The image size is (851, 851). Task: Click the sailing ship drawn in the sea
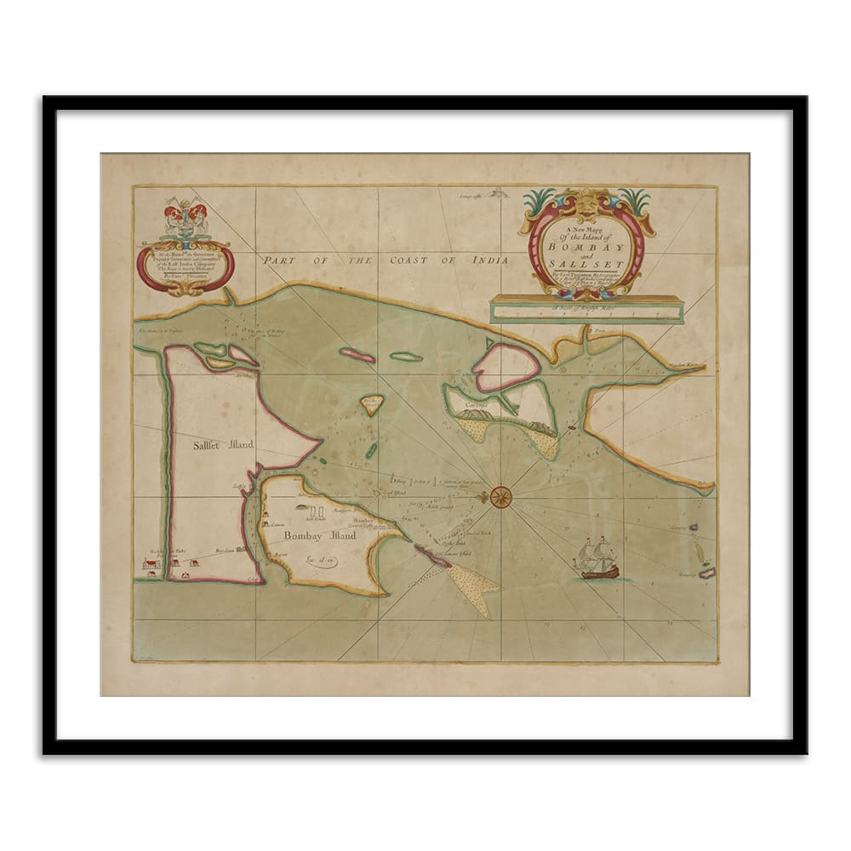click(597, 559)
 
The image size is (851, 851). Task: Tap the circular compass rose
click(502, 497)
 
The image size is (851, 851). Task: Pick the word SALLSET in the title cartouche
click(588, 262)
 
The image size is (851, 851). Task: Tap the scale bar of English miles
click(587, 310)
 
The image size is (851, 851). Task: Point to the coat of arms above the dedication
click(182, 217)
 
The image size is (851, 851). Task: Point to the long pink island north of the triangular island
click(357, 354)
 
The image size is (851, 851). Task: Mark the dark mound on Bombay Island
click(299, 508)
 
